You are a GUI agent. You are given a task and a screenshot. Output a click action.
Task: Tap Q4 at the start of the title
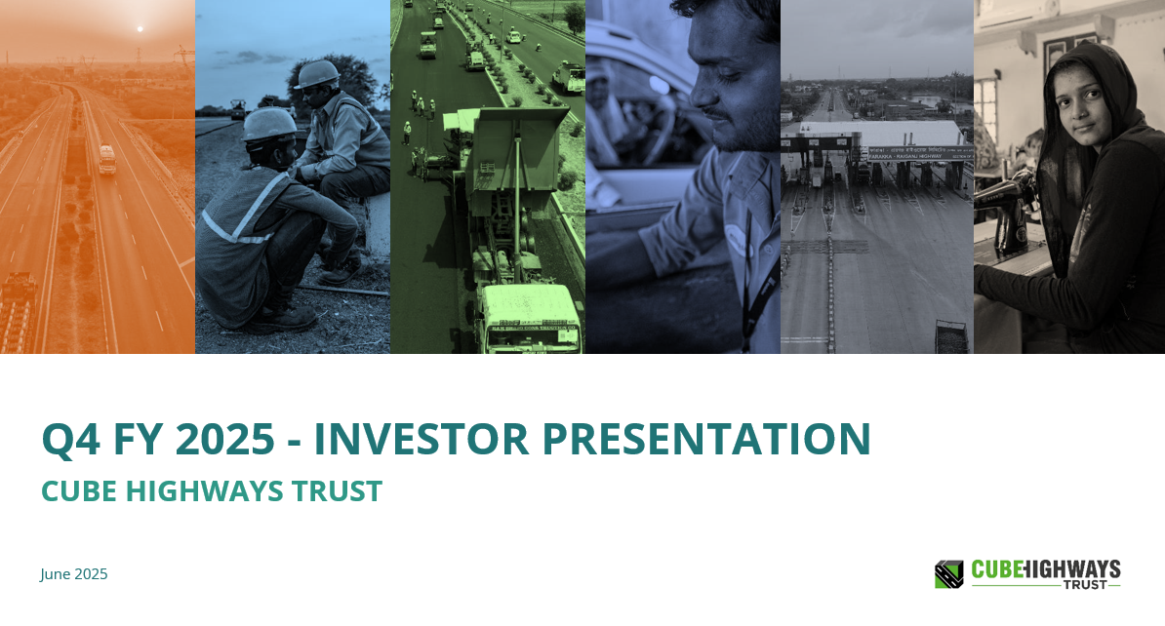click(68, 439)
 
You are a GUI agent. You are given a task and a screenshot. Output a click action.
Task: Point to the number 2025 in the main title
click(225, 439)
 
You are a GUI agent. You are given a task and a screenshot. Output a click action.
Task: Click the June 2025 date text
click(74, 574)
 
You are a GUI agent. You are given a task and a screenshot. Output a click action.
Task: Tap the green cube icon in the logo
click(948, 574)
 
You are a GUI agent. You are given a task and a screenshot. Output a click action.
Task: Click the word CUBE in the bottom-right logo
click(995, 569)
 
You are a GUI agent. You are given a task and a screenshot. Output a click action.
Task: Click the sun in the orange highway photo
click(139, 29)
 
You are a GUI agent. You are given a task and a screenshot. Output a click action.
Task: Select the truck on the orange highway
click(106, 159)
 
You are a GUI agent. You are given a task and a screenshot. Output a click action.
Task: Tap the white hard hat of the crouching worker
click(269, 123)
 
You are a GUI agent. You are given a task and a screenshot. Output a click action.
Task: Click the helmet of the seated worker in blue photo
click(316, 74)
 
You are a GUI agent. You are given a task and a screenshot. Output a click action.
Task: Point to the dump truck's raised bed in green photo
click(513, 146)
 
